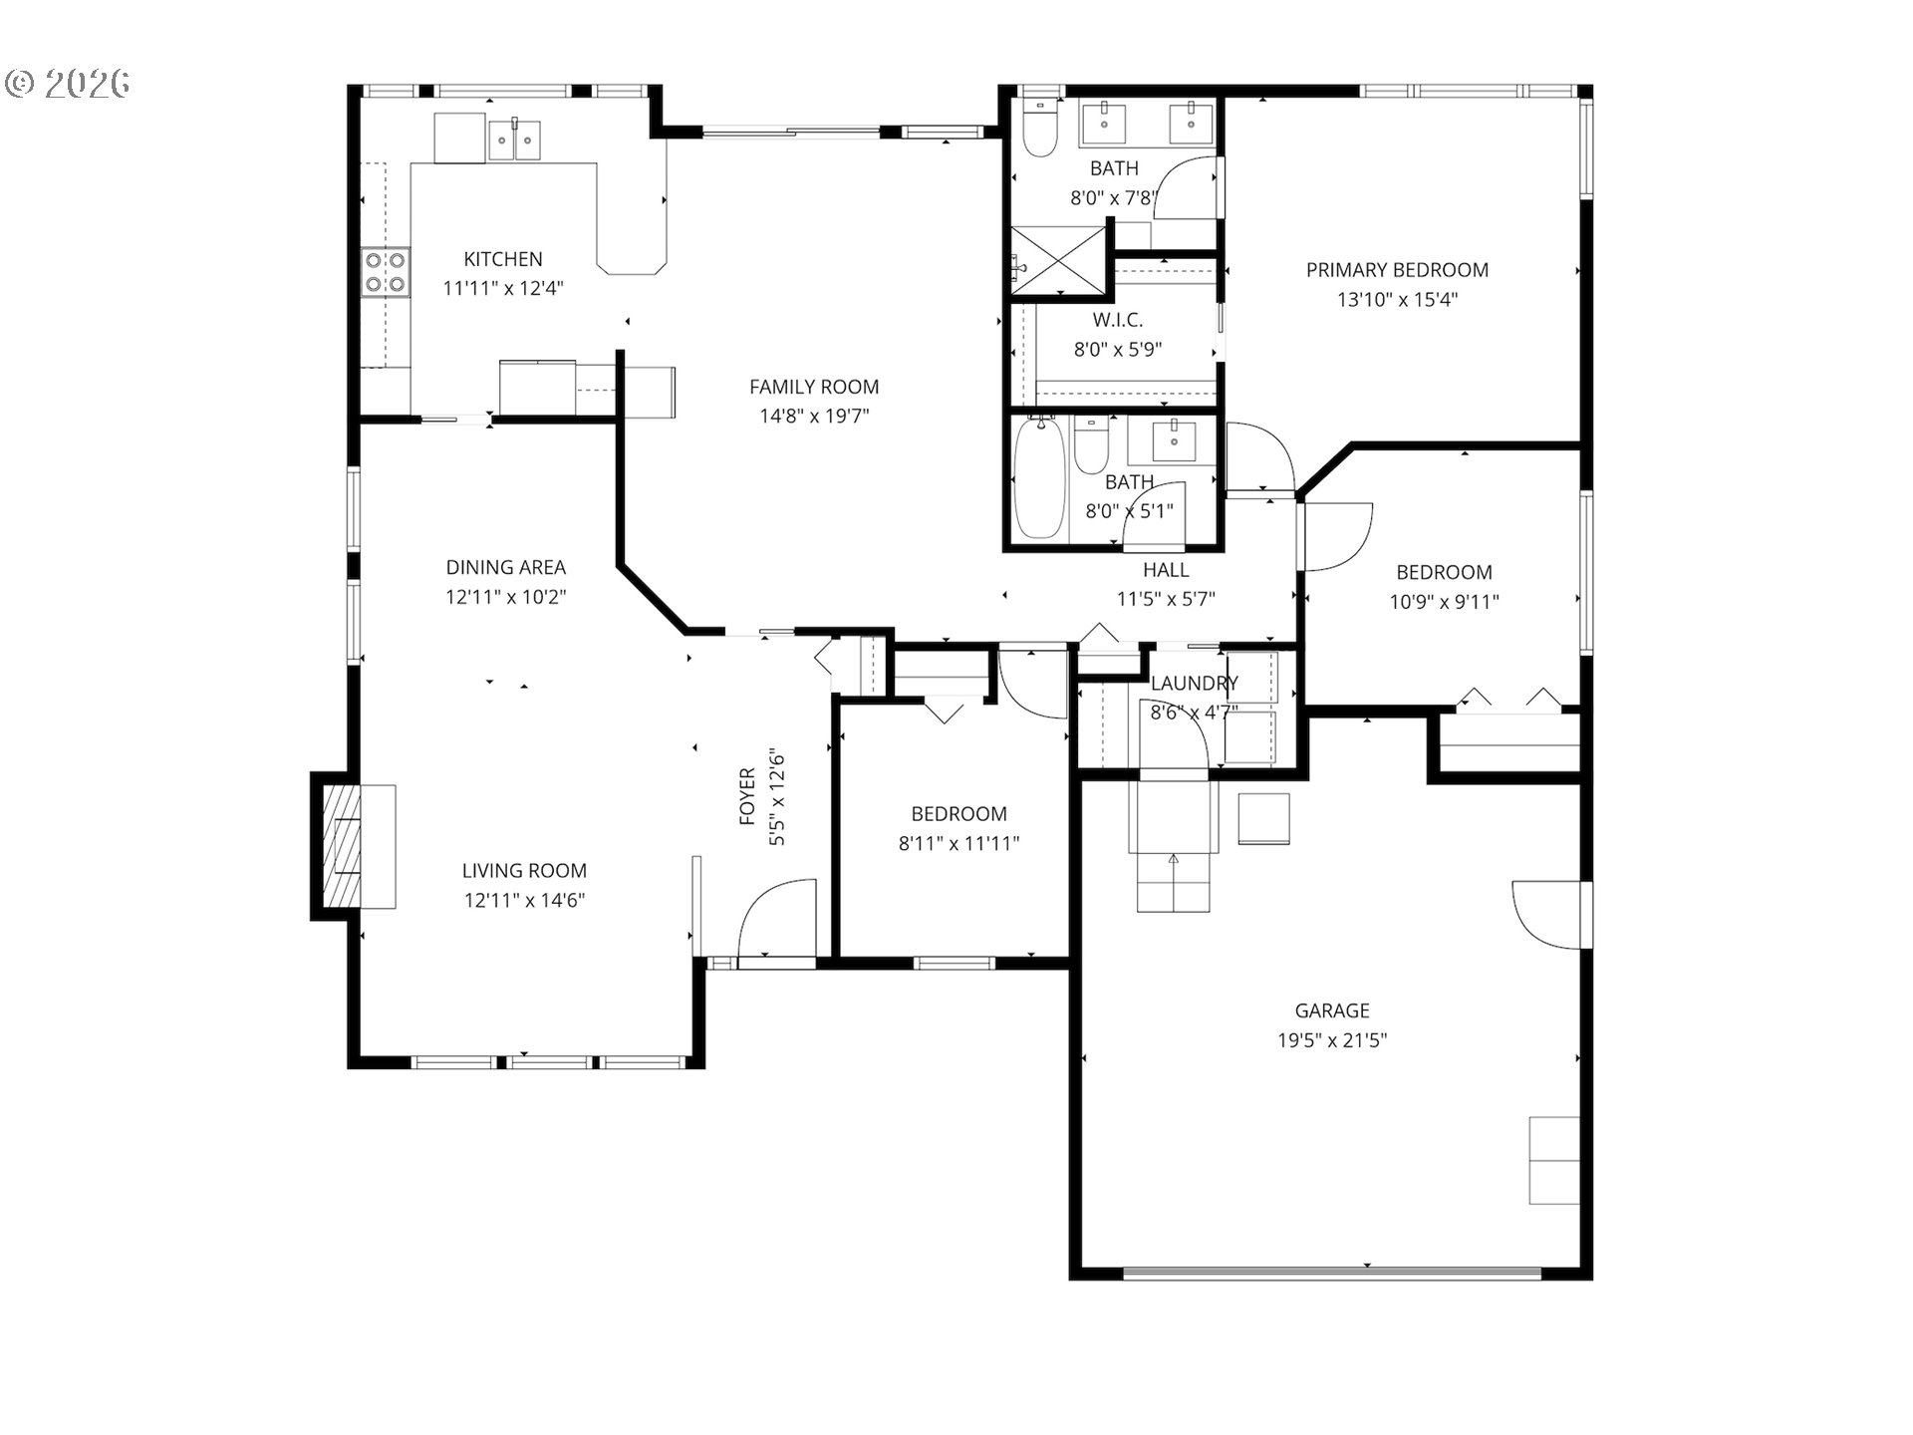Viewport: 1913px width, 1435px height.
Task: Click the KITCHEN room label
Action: click(502, 259)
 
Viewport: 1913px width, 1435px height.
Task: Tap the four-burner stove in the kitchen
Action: click(386, 272)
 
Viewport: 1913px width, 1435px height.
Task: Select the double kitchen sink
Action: click(514, 141)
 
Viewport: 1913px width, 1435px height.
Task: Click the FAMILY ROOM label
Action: click(813, 387)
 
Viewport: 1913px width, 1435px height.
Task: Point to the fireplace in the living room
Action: click(344, 845)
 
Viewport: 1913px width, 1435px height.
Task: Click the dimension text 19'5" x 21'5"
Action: click(1332, 1040)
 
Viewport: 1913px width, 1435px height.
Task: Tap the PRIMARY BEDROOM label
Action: click(1397, 270)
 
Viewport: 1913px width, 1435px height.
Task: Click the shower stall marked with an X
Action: click(1058, 261)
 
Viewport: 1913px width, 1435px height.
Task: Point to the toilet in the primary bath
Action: click(1041, 132)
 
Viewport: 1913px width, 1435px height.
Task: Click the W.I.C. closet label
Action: click(1117, 320)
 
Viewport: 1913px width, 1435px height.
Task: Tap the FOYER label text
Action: click(747, 797)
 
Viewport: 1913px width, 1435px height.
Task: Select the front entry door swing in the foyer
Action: click(775, 919)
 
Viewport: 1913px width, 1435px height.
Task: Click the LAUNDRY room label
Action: click(1194, 684)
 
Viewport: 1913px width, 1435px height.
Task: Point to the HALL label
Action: click(1165, 570)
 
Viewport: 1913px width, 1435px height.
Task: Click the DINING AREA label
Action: click(505, 567)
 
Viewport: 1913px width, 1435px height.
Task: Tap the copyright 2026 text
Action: click(68, 84)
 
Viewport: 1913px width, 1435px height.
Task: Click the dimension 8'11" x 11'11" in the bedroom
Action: click(958, 843)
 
